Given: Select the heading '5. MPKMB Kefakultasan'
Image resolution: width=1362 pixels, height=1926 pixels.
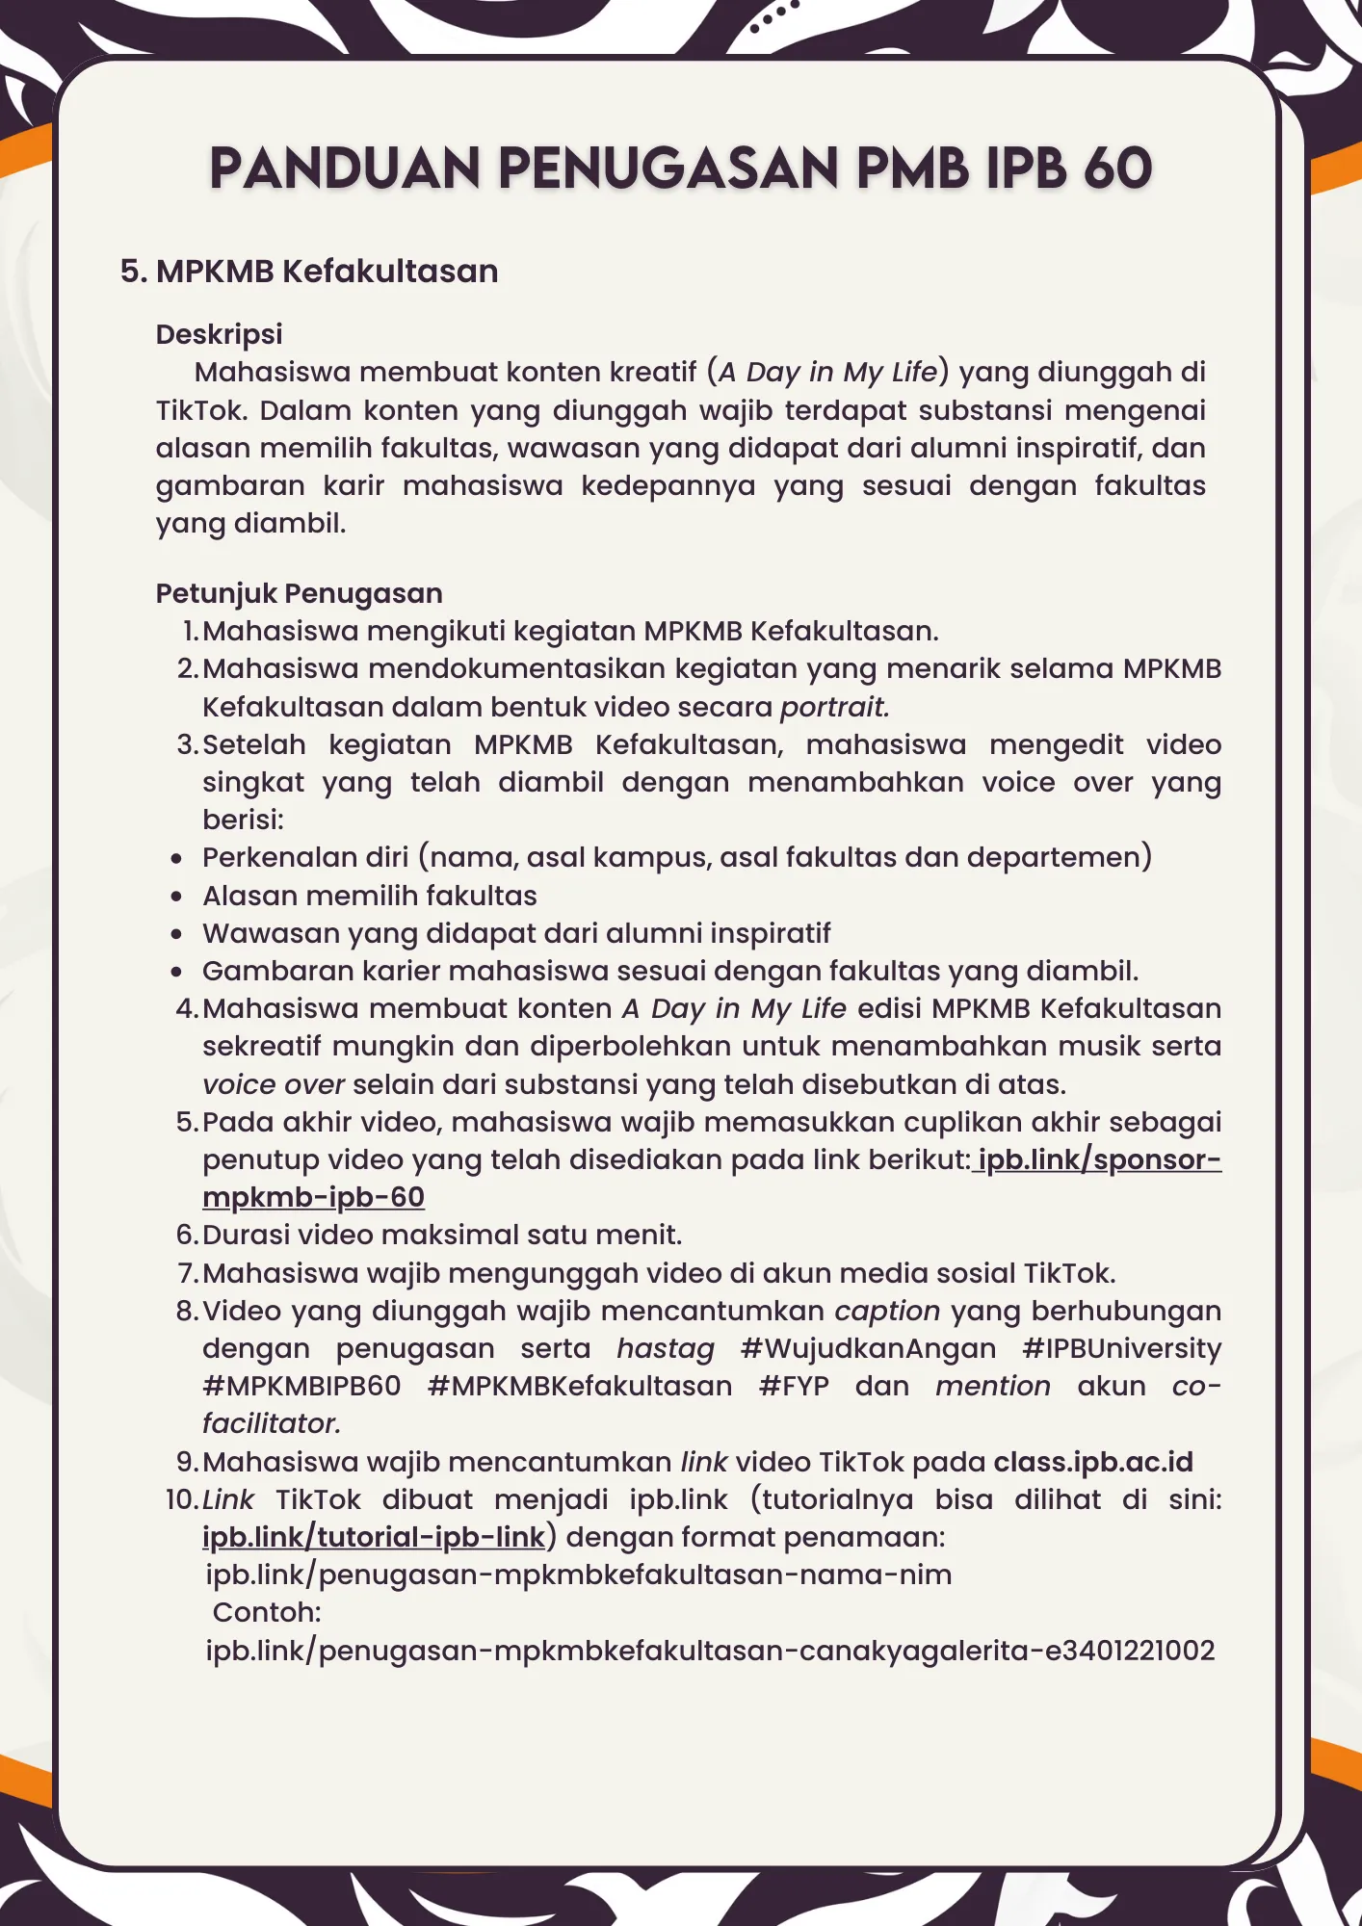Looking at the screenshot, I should [x=309, y=272].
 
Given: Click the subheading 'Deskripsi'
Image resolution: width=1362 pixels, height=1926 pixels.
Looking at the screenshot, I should [x=219, y=334].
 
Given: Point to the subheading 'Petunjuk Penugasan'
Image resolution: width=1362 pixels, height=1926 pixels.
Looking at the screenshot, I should [x=299, y=593].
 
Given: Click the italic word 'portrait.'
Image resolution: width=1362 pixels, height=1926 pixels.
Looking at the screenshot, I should [x=834, y=707].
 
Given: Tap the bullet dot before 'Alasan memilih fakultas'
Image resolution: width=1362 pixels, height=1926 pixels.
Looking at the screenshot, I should [x=176, y=897].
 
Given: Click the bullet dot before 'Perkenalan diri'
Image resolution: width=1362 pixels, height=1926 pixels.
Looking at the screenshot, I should [x=176, y=858].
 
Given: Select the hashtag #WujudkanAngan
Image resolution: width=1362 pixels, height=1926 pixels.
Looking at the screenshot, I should [x=868, y=1348].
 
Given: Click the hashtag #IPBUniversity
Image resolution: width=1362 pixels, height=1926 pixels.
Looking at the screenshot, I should [x=1121, y=1348].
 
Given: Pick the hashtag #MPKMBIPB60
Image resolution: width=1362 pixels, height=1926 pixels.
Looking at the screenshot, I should [x=301, y=1386].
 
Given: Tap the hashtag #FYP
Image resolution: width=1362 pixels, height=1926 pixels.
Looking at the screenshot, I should [x=794, y=1386].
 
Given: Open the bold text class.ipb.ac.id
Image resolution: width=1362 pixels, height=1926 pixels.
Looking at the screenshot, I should [x=1093, y=1462].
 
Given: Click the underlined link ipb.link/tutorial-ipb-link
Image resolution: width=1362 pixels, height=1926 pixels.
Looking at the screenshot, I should [x=374, y=1537].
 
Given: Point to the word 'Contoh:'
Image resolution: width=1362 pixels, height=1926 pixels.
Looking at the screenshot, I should [x=267, y=1612].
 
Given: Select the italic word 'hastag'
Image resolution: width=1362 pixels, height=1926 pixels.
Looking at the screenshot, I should [x=666, y=1348].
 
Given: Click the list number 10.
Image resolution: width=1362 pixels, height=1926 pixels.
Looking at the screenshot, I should [x=181, y=1499].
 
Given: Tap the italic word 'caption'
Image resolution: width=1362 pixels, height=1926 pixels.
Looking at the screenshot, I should [x=887, y=1311].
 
